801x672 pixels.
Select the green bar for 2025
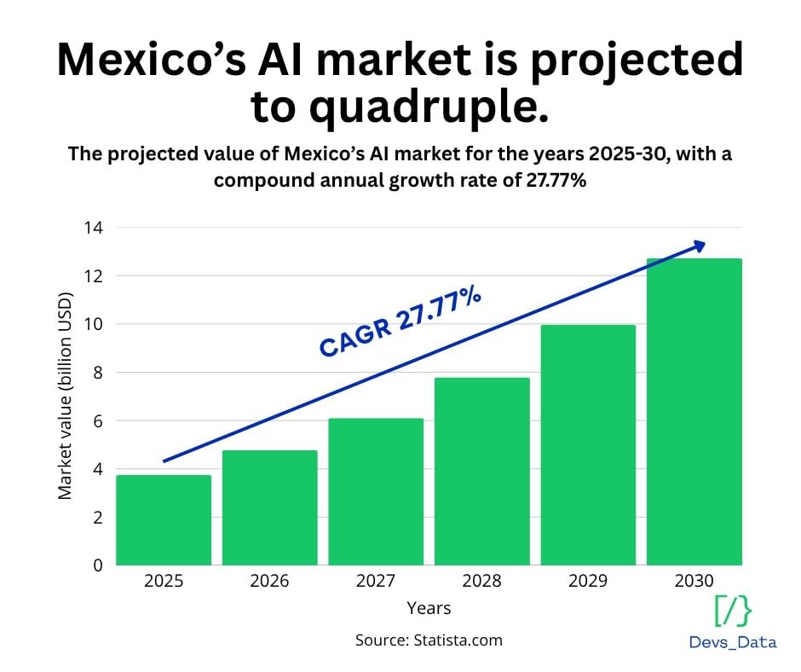164,519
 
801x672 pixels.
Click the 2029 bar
588,444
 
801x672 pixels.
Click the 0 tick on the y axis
97,565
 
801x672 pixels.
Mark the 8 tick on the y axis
97,373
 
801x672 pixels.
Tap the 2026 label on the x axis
269,582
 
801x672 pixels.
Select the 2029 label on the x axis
588,582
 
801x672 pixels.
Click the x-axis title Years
429,608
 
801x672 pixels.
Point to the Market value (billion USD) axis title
66,396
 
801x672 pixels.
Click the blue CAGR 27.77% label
400,323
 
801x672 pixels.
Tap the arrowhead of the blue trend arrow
700,246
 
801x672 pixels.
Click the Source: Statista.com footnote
429,640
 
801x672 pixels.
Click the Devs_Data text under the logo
733,642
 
